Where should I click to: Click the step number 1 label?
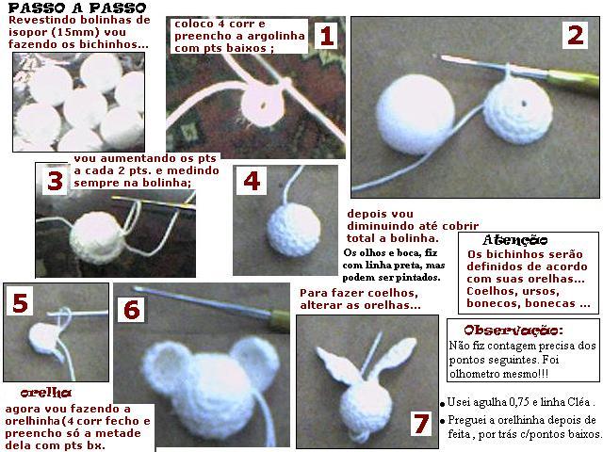[326, 37]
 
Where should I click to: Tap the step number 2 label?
[574, 37]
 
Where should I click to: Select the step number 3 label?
[55, 181]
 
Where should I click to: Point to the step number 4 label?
[252, 182]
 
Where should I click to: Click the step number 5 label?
[21, 303]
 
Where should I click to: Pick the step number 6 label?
[132, 310]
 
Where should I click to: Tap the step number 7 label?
[421, 425]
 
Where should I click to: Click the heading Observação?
[514, 331]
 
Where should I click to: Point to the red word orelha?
[45, 392]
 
